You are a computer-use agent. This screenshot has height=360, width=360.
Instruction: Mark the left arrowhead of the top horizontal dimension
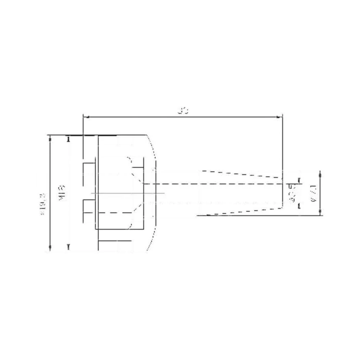(86, 117)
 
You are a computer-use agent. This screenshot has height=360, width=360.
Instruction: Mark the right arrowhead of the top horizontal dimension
(280, 117)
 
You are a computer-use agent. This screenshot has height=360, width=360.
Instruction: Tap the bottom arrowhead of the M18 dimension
(68, 247)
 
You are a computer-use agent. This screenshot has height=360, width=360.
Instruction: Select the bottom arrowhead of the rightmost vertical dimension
(320, 213)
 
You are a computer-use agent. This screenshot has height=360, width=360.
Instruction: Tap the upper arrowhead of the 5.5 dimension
(298, 180)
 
